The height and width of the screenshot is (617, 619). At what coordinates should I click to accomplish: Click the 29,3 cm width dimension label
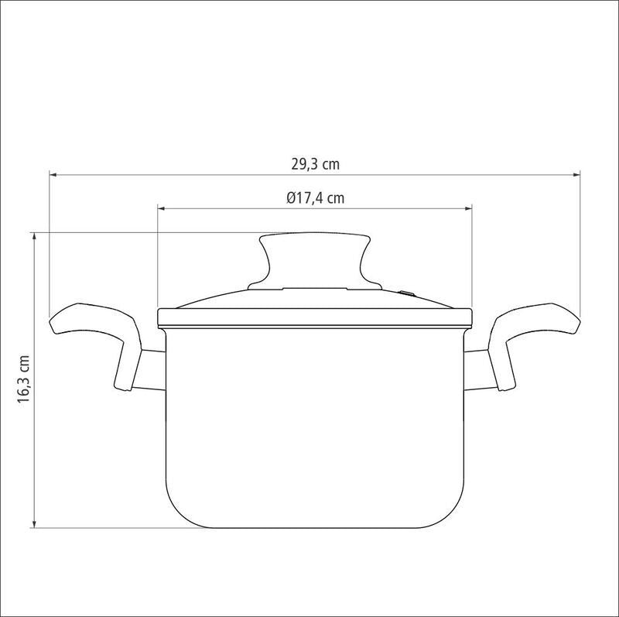(x=316, y=164)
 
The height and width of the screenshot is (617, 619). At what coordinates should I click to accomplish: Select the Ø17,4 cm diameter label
(x=316, y=198)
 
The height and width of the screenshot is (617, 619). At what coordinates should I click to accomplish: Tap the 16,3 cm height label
(x=24, y=379)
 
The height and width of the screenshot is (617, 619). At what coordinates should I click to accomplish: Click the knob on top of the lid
(x=315, y=261)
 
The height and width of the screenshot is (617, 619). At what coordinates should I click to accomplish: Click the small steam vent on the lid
(x=407, y=293)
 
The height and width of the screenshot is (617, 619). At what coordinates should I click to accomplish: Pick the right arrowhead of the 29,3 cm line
(x=576, y=174)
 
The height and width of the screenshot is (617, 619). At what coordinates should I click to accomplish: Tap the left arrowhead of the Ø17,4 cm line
(x=162, y=208)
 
